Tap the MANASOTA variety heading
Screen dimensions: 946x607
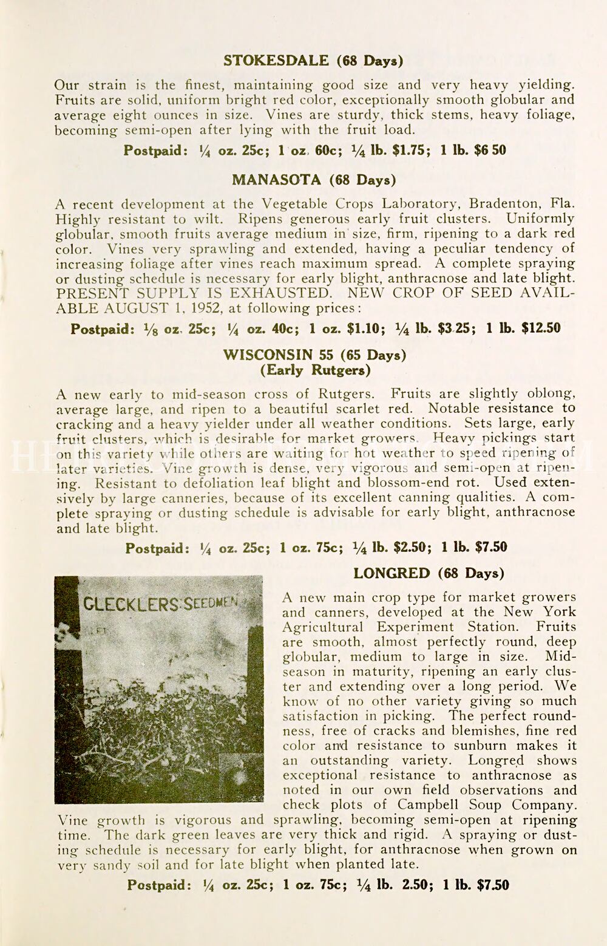276,180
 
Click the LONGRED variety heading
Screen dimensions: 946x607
392,573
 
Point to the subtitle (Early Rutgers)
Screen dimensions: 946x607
315,370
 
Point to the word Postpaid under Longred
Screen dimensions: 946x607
158,885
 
